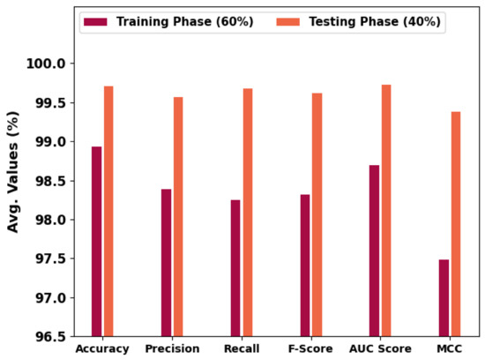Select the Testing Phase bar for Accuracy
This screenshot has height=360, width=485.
[x=108, y=211]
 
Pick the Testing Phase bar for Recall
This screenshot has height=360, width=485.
[x=248, y=212]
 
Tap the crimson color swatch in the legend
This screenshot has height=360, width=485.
[x=93, y=21]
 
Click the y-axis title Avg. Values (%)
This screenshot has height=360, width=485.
[x=13, y=172]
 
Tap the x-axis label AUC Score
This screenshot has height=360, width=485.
[x=380, y=349]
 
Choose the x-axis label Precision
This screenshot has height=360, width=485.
[x=172, y=349]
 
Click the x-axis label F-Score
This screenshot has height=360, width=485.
[x=310, y=349]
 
